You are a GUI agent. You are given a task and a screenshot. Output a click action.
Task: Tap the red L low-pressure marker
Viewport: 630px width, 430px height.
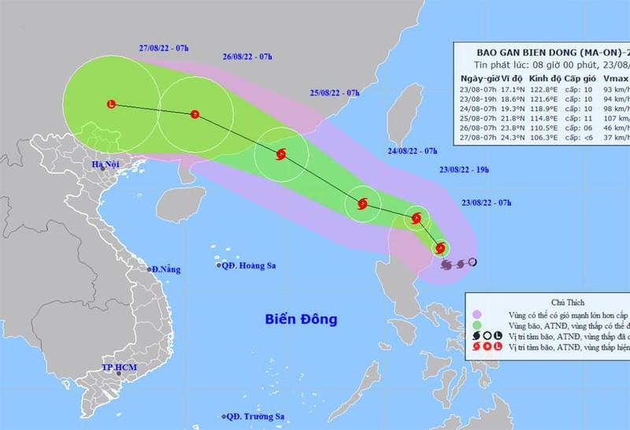click(x=111, y=104)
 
